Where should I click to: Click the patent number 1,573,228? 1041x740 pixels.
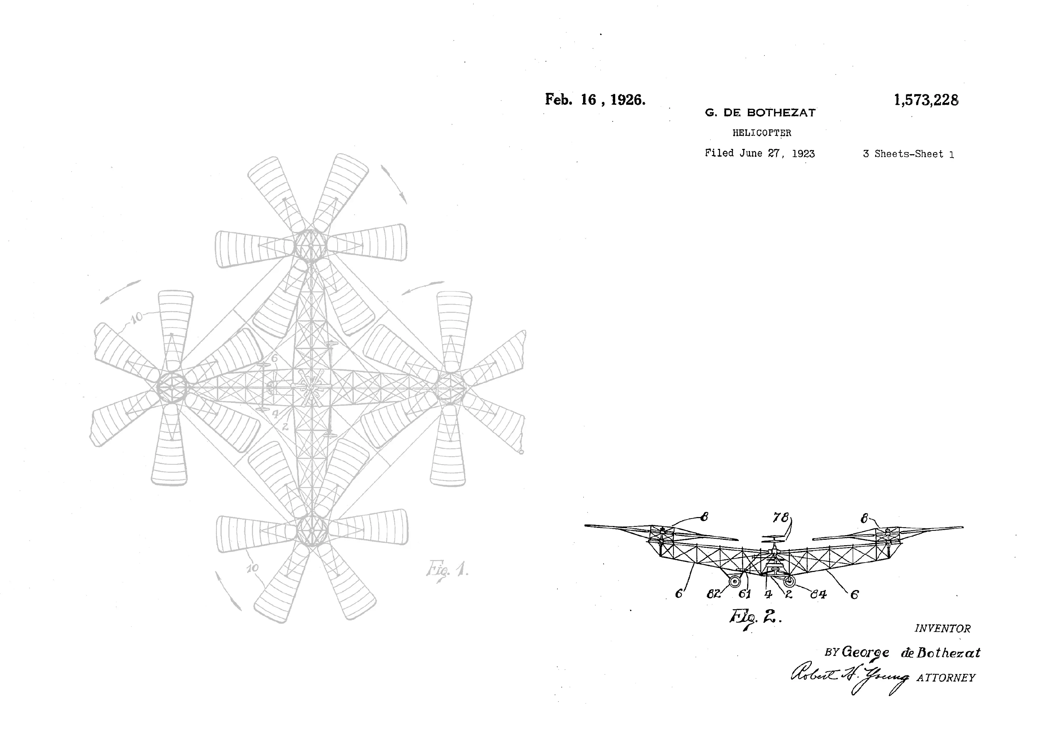tap(926, 100)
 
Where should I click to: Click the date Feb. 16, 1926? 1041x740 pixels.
tap(595, 100)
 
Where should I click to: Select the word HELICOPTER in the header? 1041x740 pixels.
tap(762, 133)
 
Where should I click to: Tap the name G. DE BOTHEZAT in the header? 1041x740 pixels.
tap(760, 113)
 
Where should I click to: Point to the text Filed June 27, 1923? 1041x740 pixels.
tap(759, 154)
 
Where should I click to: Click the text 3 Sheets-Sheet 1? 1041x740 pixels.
tap(908, 154)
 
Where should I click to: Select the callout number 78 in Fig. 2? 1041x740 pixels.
tap(781, 518)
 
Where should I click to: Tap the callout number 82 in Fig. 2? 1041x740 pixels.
tap(714, 594)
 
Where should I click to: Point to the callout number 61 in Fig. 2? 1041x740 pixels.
tap(744, 594)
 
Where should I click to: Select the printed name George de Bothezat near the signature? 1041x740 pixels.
tap(911, 653)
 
